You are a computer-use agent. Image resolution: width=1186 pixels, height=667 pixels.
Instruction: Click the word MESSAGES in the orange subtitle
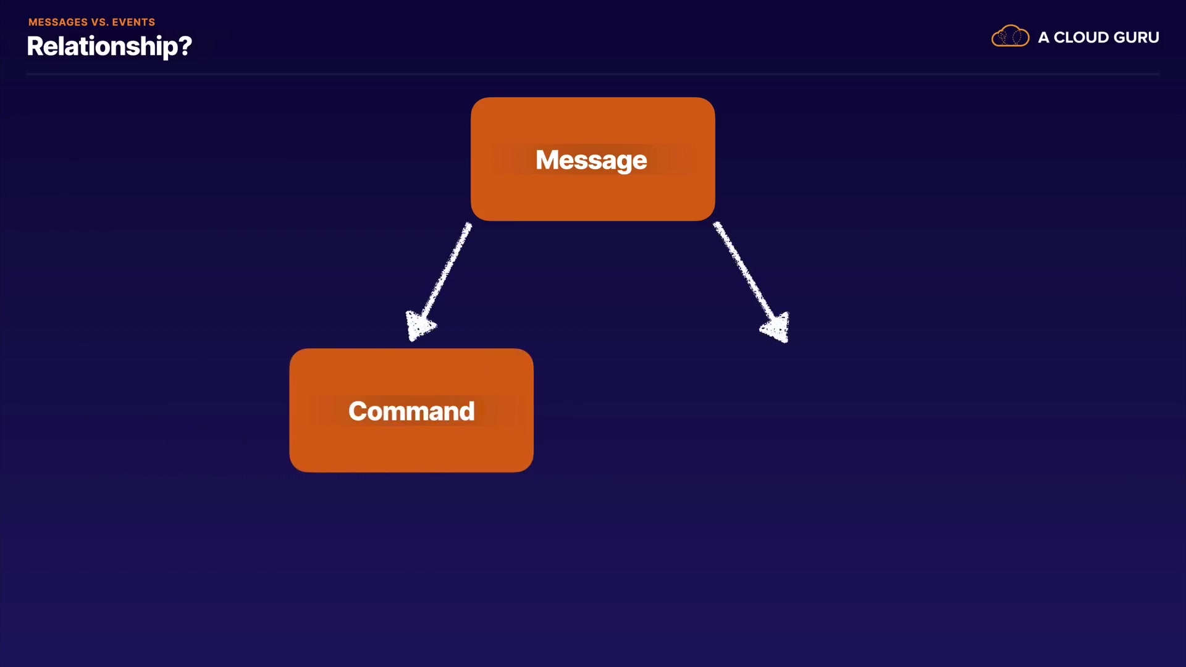(x=58, y=22)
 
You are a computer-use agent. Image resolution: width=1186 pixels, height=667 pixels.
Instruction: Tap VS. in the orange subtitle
(x=99, y=22)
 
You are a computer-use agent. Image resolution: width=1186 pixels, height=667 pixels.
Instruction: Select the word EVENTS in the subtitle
(x=133, y=22)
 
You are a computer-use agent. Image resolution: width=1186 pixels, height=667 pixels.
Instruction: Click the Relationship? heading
(x=109, y=46)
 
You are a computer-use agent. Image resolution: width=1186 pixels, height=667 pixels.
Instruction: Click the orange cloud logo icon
(x=1011, y=36)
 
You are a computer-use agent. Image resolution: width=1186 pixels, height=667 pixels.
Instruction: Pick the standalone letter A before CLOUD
(x=1043, y=38)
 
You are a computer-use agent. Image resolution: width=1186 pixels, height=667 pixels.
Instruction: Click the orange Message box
(x=593, y=159)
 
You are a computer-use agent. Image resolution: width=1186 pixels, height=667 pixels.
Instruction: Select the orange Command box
(x=411, y=411)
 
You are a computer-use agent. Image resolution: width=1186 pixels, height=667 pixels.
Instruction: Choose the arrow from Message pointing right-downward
(x=752, y=282)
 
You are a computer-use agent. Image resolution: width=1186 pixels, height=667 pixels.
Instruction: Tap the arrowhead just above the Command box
(x=419, y=325)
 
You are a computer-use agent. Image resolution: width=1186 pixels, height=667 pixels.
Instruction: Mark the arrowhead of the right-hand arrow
(x=776, y=327)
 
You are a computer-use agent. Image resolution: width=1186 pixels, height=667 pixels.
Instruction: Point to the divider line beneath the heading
(x=593, y=74)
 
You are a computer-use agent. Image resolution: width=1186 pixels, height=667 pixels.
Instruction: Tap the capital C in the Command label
(x=358, y=411)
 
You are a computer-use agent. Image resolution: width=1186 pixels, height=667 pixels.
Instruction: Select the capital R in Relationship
(x=36, y=46)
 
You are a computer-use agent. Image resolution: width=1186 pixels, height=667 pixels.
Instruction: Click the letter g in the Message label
(x=621, y=162)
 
